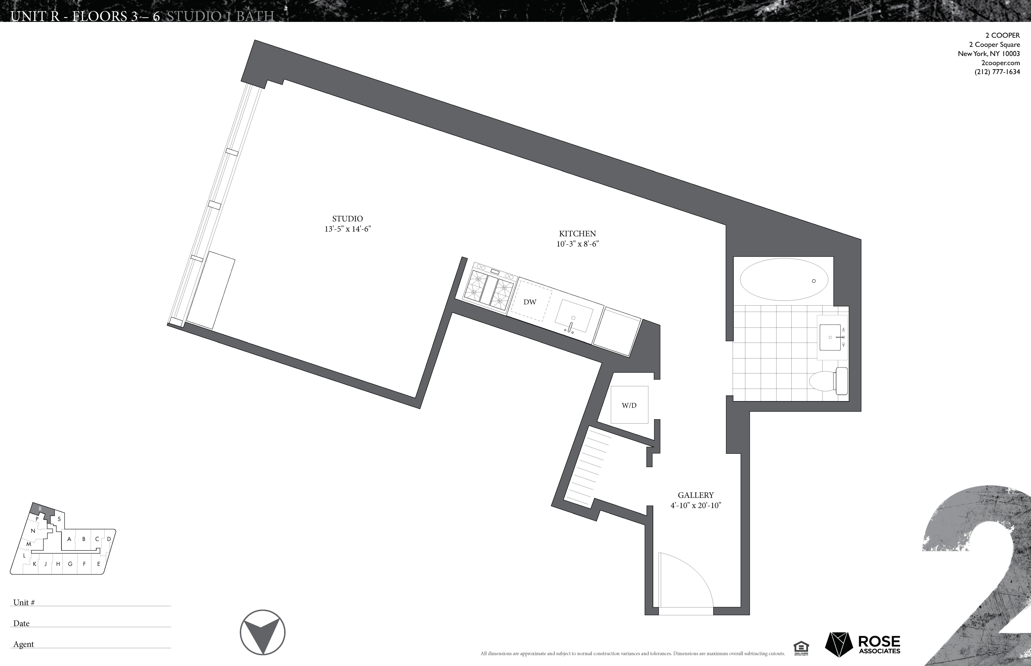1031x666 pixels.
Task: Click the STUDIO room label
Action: pos(347,219)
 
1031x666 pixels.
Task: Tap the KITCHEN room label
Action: pos(577,233)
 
